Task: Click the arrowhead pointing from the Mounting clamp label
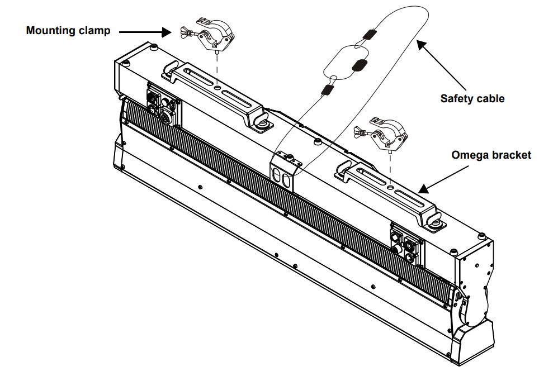click(166, 32)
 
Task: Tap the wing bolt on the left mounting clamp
click(186, 32)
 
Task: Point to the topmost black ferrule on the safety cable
click(368, 35)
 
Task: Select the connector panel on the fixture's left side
click(162, 104)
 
